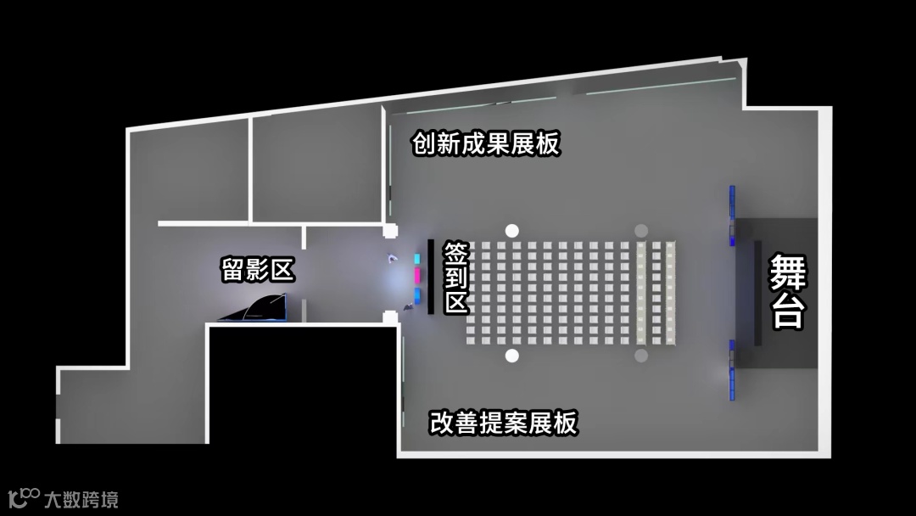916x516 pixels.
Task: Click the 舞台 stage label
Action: pyautogui.click(x=787, y=292)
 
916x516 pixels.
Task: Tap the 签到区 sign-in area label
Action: pyautogui.click(x=456, y=278)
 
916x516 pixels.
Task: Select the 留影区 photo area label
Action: pyautogui.click(x=257, y=270)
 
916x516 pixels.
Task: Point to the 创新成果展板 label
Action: pyautogui.click(x=486, y=143)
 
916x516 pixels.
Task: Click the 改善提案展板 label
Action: pyautogui.click(x=503, y=422)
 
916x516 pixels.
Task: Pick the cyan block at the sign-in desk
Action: pyautogui.click(x=417, y=257)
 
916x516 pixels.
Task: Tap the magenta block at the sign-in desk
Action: pyautogui.click(x=417, y=276)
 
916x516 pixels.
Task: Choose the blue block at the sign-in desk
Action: pyautogui.click(x=417, y=294)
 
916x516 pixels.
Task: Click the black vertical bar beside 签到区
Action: pyautogui.click(x=431, y=277)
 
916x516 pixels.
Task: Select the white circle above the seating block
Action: pyautogui.click(x=511, y=230)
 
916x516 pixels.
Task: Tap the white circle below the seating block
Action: pyautogui.click(x=511, y=355)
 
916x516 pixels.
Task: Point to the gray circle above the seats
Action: pyautogui.click(x=641, y=230)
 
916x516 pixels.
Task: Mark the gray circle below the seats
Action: pyautogui.click(x=641, y=355)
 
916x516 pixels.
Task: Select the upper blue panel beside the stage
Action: pyautogui.click(x=731, y=216)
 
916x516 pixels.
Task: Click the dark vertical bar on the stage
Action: pyautogui.click(x=757, y=293)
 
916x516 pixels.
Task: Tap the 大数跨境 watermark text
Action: pyautogui.click(x=81, y=499)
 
